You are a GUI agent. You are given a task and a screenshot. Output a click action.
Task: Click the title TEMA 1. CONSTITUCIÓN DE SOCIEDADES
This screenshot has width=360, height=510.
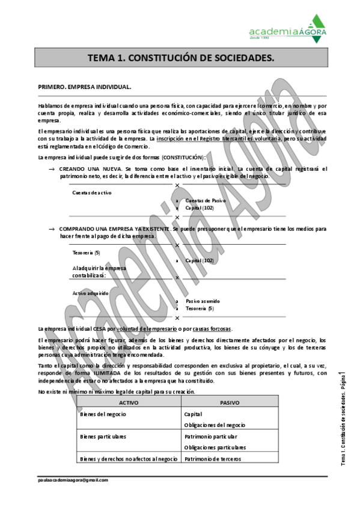[180, 58]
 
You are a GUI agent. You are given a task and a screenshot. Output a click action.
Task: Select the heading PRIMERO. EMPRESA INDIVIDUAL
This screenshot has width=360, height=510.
[85, 87]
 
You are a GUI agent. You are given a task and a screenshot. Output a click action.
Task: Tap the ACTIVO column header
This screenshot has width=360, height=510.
[129, 402]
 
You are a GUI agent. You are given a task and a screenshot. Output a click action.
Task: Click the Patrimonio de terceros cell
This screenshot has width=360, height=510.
[213, 458]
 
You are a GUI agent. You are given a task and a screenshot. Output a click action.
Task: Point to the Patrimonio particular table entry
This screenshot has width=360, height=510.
[211, 436]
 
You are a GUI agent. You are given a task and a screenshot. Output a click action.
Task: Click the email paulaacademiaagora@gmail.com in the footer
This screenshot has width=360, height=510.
[72, 480]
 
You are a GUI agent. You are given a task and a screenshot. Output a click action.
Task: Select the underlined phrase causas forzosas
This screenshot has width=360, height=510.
[213, 329]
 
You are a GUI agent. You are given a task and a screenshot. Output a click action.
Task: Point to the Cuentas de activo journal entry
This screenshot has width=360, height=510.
[92, 192]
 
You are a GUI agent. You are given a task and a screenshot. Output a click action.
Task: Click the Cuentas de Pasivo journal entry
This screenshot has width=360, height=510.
[206, 200]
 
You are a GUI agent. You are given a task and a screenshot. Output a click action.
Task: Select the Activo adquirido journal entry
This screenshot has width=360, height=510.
[91, 293]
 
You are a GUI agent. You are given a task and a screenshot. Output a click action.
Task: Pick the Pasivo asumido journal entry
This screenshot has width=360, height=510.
[203, 301]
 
